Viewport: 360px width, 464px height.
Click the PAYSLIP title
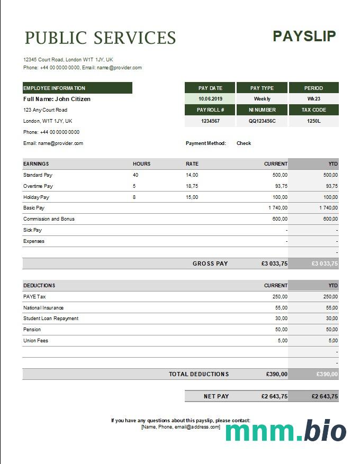coord(304,36)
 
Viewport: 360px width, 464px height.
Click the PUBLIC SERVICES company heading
coord(100,38)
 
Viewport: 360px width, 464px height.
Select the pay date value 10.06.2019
coord(210,99)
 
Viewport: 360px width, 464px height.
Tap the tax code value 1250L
coord(313,121)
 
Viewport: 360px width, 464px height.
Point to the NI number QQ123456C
coord(262,121)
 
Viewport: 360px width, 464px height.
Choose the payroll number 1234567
coord(210,121)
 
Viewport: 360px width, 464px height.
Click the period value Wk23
coord(313,99)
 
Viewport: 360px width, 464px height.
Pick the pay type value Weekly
coord(262,99)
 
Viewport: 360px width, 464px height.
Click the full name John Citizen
coord(57,99)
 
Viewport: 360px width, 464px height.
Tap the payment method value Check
coord(244,143)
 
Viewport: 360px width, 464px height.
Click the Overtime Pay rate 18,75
coord(192,186)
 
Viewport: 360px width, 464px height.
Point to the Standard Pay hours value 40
coord(136,175)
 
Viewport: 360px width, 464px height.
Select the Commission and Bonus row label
coord(49,219)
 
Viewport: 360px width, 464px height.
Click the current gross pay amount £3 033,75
coord(274,263)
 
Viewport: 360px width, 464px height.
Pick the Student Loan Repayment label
coord(51,319)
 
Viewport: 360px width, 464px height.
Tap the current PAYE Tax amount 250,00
coord(280,297)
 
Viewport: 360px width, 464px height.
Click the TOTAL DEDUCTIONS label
coord(199,374)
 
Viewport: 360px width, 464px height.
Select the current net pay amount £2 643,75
coord(274,396)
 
